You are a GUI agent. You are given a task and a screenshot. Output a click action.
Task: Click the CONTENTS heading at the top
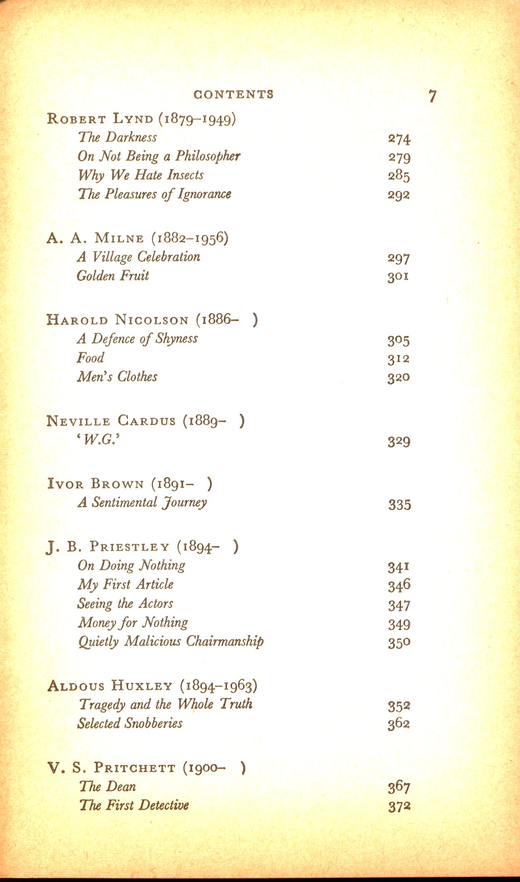[233, 94]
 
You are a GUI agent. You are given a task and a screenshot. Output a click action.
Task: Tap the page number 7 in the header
[433, 96]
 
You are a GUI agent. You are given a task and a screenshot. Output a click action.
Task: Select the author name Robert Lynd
[100, 119]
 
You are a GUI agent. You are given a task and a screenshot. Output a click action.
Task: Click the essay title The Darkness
[118, 137]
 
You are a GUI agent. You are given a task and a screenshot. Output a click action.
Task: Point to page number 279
[399, 157]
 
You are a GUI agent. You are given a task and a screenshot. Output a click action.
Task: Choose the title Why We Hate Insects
[141, 175]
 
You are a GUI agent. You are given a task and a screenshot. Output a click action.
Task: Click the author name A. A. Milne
[95, 238]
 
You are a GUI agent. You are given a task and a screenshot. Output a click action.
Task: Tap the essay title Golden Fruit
[113, 276]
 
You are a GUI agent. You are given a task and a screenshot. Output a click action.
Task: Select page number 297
[399, 258]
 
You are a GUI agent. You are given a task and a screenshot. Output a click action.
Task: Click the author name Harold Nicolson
[117, 320]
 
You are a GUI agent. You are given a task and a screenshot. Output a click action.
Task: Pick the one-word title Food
[90, 358]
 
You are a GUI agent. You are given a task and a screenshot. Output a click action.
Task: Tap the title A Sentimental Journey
[142, 503]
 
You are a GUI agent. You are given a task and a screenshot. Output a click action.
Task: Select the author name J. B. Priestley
[108, 547]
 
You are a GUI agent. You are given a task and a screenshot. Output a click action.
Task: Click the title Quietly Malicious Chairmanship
[171, 641]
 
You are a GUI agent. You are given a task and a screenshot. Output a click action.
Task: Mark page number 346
[399, 585]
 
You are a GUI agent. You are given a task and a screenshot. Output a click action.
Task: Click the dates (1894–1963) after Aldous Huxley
[219, 686]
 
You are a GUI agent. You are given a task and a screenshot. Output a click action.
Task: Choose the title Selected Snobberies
[130, 723]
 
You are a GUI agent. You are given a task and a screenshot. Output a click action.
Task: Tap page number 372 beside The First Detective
[399, 806]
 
